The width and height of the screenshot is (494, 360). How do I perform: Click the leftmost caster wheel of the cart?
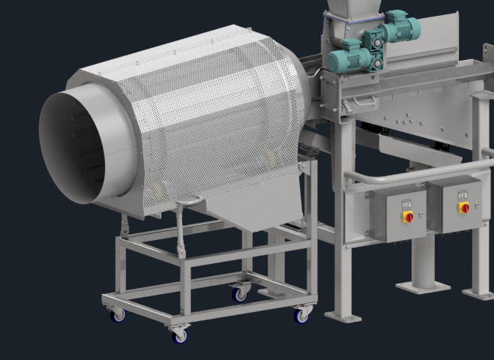118,316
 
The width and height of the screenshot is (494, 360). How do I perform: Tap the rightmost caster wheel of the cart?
302,316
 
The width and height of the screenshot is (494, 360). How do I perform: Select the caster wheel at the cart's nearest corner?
180,336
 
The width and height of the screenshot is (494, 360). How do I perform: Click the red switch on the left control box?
409,217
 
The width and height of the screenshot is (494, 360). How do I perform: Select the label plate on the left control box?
407,202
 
